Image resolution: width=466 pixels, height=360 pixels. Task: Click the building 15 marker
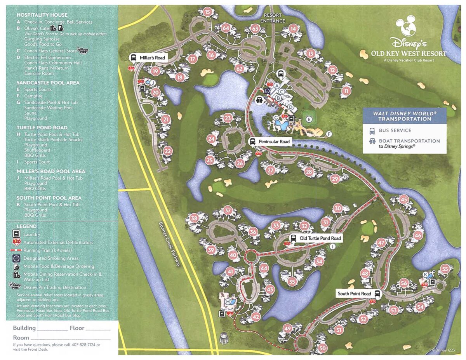tap(207, 12)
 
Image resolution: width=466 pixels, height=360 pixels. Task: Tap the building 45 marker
tap(404, 200)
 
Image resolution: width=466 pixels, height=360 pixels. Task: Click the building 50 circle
tap(322, 349)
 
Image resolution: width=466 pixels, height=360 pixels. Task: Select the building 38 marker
tap(194, 219)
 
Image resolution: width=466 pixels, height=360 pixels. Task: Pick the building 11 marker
tap(346, 91)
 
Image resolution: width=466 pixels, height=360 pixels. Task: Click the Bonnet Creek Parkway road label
tap(170, 244)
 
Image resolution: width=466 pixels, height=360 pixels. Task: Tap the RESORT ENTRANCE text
tap(272, 18)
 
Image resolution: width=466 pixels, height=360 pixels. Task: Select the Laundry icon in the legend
tap(16, 234)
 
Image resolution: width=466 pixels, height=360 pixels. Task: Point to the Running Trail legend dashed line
tap(16, 250)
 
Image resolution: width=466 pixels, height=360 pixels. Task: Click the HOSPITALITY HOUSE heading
tap(42, 15)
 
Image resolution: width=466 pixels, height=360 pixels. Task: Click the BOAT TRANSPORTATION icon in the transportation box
tap(372, 141)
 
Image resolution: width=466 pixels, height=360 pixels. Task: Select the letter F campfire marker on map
tap(329, 134)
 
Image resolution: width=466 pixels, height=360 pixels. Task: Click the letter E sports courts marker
tap(309, 120)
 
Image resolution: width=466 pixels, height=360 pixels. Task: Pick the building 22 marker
tap(167, 151)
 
